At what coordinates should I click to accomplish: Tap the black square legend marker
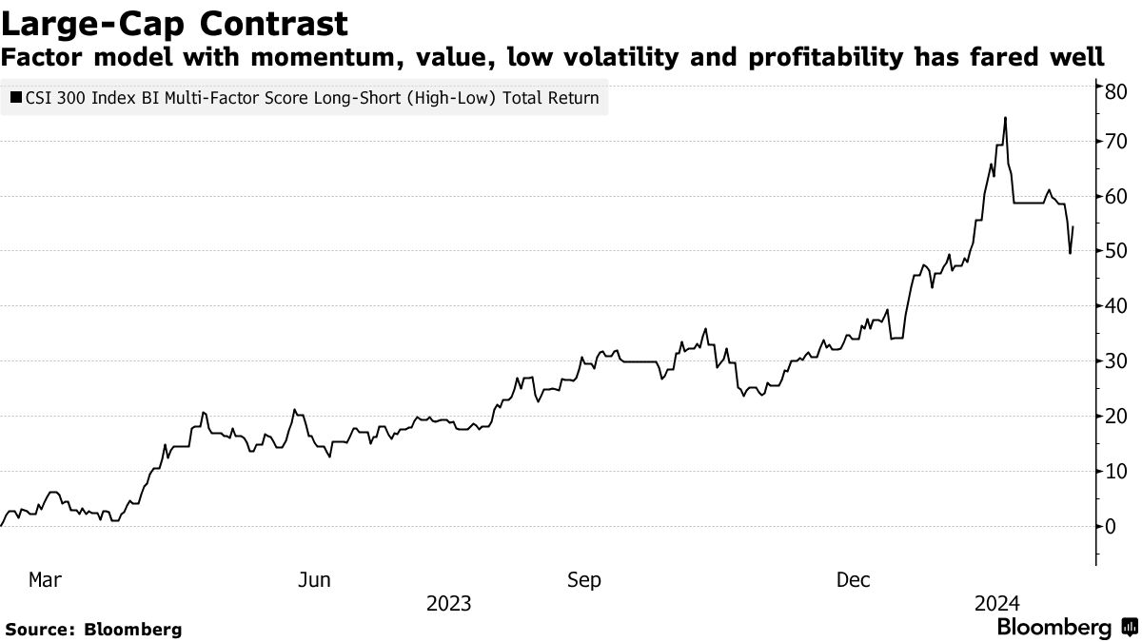pos(16,97)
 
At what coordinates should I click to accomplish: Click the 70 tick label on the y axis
pos(1116,142)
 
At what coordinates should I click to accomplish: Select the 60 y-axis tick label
pos(1116,197)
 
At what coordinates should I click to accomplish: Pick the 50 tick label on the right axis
pos(1116,251)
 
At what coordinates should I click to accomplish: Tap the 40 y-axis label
pos(1116,306)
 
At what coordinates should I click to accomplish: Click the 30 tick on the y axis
pos(1116,361)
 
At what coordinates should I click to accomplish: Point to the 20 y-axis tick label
pos(1116,417)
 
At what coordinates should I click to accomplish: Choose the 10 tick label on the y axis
pos(1116,472)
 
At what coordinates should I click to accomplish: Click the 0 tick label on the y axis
pos(1111,527)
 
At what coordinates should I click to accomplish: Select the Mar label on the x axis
pos(46,579)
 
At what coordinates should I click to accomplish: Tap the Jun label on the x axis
pos(314,579)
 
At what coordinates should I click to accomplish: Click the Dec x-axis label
pos(853,579)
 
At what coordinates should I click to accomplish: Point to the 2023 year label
pos(449,604)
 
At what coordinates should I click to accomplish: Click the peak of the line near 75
pos(1005,118)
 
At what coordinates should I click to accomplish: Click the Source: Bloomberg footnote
pos(93,630)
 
